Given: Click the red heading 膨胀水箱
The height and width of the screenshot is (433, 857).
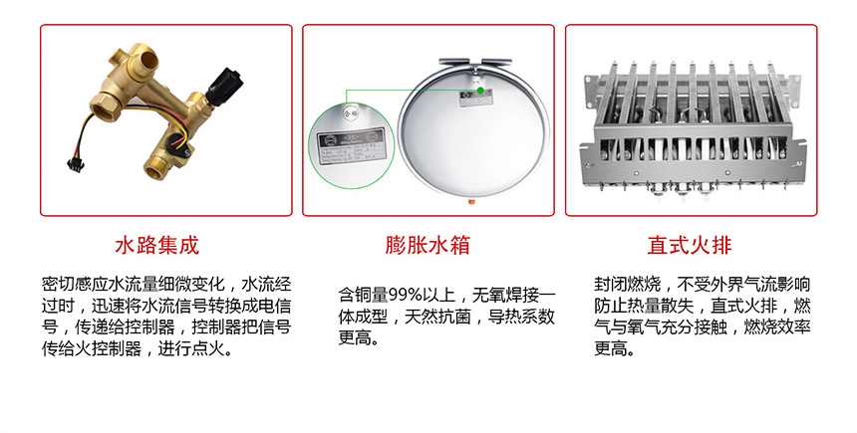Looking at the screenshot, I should pyautogui.click(x=428, y=245).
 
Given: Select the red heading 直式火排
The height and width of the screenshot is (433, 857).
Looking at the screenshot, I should pyautogui.click(x=689, y=245).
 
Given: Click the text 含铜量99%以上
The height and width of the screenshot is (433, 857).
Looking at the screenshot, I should pyautogui.click(x=391, y=295).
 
